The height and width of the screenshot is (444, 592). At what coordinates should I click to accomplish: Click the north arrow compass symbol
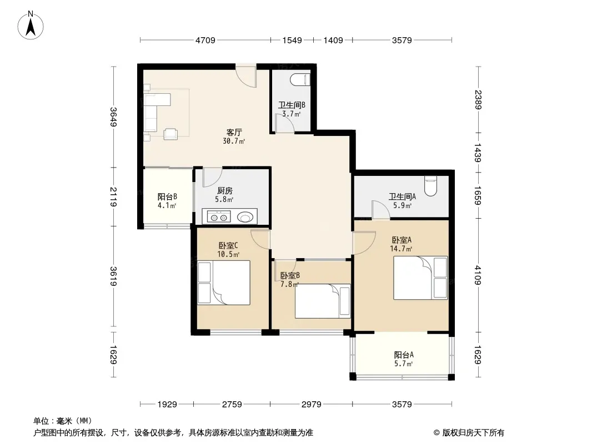click(x=31, y=26)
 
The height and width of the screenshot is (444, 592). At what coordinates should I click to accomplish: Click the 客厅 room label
click(x=234, y=133)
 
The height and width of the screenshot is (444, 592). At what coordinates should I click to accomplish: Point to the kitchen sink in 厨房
click(x=245, y=218)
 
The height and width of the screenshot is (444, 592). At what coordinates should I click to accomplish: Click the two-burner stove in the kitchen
click(x=219, y=218)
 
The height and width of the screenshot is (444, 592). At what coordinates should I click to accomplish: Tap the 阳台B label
click(x=167, y=196)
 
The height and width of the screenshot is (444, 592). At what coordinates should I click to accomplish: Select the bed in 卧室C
click(x=224, y=282)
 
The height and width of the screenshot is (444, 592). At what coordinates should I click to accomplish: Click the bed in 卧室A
click(x=420, y=277)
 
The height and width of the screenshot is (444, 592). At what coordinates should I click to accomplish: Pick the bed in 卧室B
click(x=323, y=301)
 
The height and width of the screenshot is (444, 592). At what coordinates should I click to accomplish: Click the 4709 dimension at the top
click(x=205, y=40)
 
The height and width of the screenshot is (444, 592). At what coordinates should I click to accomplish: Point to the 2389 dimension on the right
click(x=478, y=99)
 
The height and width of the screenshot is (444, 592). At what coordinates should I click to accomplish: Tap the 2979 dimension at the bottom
click(x=312, y=405)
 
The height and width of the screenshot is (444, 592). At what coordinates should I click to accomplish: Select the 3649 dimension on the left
click(x=113, y=117)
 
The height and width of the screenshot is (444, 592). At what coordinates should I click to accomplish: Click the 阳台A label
click(x=404, y=355)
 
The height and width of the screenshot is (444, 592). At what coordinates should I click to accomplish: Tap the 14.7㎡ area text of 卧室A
click(x=401, y=249)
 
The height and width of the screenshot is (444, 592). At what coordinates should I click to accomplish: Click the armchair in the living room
click(x=170, y=134)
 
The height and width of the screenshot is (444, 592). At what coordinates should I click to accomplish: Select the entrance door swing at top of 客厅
click(x=246, y=75)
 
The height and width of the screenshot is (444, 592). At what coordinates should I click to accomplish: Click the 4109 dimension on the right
click(x=478, y=275)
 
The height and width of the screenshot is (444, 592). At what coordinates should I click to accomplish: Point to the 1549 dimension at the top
click(x=292, y=40)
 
